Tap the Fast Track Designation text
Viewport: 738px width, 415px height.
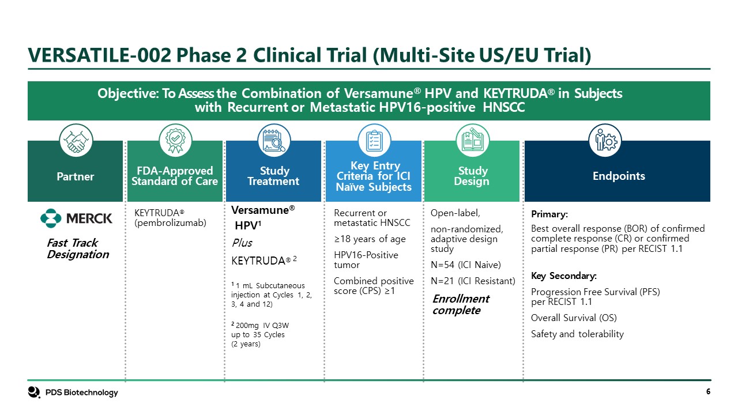tap(77, 248)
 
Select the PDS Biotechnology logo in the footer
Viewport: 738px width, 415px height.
tap(73, 393)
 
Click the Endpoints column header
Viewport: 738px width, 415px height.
tap(619, 176)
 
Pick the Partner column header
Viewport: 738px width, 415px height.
tap(76, 176)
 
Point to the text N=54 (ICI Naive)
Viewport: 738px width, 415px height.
tap(466, 265)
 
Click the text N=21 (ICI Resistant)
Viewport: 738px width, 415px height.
tap(473, 281)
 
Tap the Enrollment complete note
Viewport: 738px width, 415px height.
tap(461, 304)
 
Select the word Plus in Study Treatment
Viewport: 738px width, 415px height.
tap(241, 243)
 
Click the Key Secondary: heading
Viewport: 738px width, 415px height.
tap(563, 276)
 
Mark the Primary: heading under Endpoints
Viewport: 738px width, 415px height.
tap(549, 214)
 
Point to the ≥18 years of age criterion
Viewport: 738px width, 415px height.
tap(370, 239)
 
